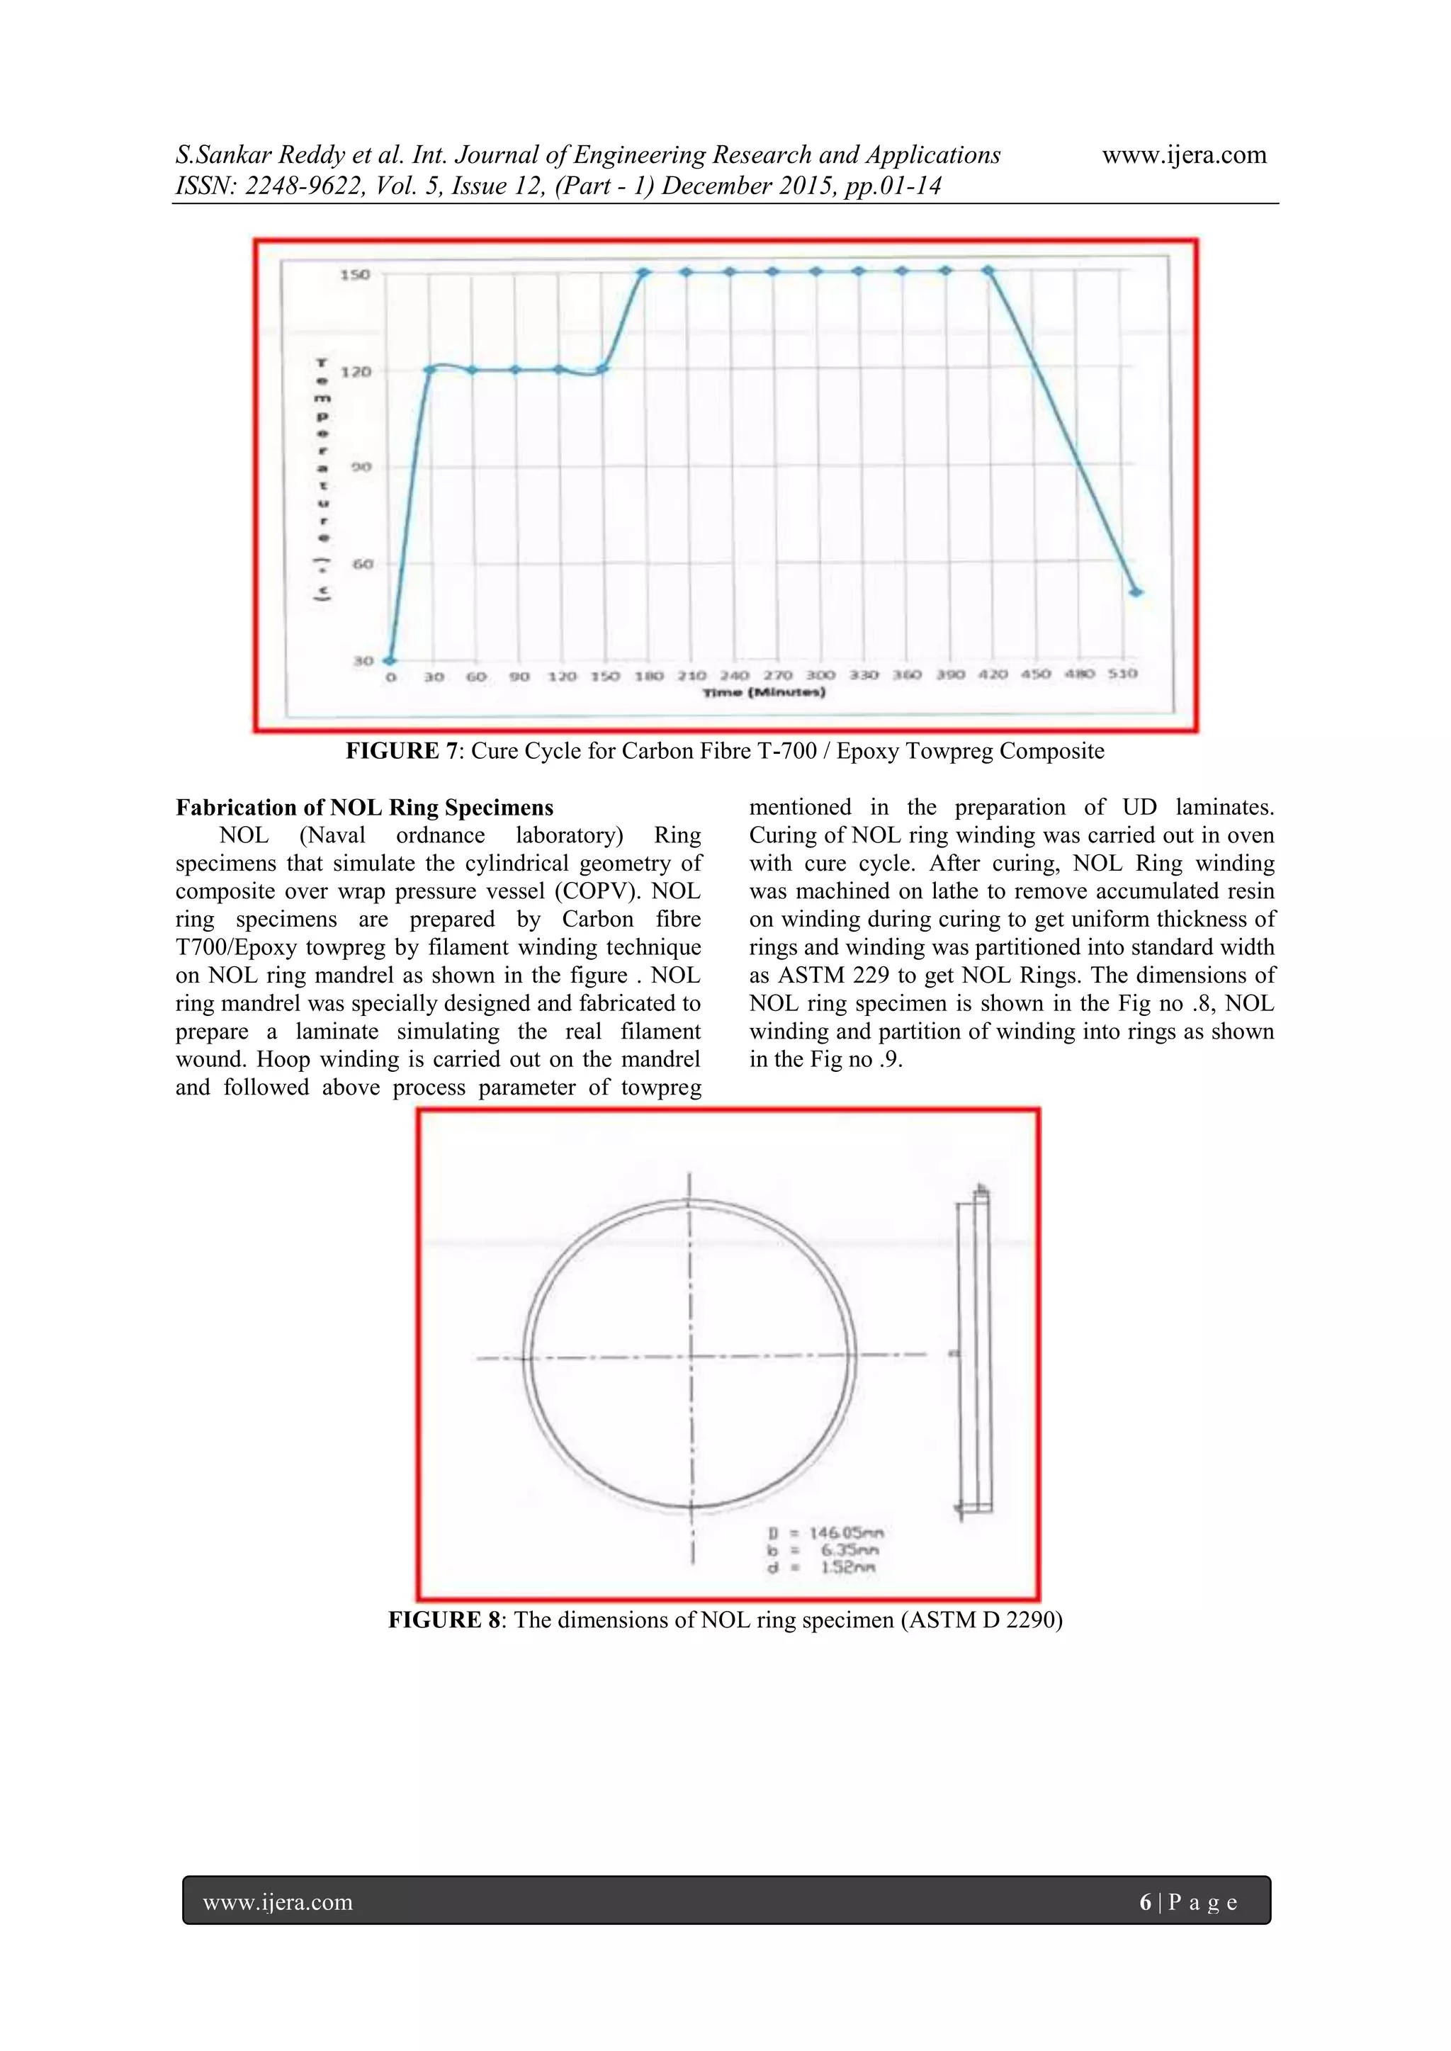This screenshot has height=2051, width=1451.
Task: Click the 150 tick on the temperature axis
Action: pyautogui.click(x=355, y=274)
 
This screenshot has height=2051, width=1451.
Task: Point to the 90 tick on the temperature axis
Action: pyautogui.click(x=360, y=467)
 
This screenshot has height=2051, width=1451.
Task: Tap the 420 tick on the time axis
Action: pyautogui.click(x=993, y=674)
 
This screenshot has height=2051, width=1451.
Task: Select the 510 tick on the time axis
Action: pyautogui.click(x=1122, y=674)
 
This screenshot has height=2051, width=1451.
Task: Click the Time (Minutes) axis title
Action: pyautogui.click(x=764, y=692)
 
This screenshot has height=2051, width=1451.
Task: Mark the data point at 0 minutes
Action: pyautogui.click(x=390, y=660)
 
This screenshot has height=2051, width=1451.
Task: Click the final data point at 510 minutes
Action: pyautogui.click(x=1136, y=592)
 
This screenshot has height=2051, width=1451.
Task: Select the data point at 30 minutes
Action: pyautogui.click(x=430, y=368)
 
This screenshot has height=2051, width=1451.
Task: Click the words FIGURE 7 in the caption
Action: pyautogui.click(x=404, y=751)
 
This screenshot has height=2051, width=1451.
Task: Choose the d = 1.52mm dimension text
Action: pyautogui.click(x=822, y=1567)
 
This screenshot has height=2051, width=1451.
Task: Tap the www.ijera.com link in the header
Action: pyautogui.click(x=1184, y=155)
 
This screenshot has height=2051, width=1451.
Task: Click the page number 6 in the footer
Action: pyautogui.click(x=1146, y=1903)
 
